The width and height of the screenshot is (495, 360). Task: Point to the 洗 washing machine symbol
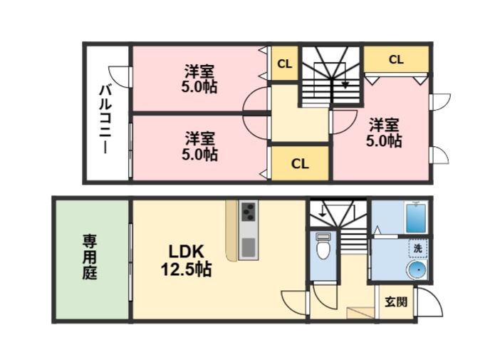417,248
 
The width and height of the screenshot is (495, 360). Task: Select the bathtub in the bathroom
416,217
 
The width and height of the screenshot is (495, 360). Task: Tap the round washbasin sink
416,270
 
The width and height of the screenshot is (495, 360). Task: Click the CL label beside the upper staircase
284,64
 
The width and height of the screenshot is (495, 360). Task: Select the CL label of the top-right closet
396,60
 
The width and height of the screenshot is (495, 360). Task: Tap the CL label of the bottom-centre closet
300,164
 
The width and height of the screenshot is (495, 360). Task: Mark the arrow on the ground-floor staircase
323,211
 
